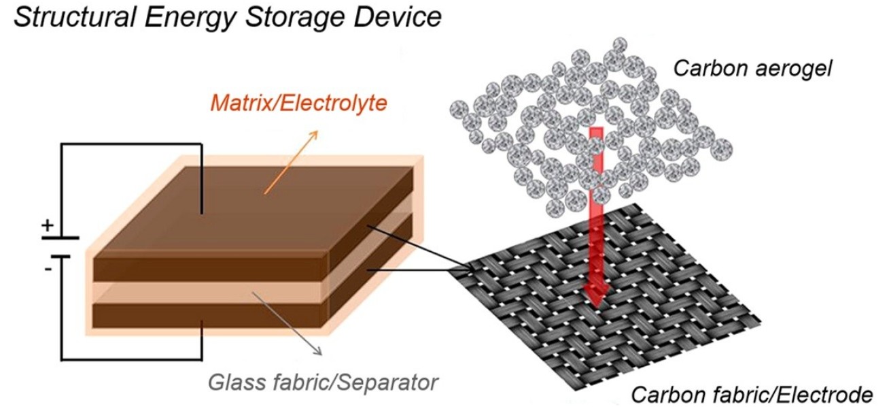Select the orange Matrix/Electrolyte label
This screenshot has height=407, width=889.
point(298,103)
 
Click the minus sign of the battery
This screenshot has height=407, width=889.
point(48,269)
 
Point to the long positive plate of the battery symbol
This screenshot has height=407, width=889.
point(62,238)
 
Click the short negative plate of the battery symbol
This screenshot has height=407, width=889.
point(62,257)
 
